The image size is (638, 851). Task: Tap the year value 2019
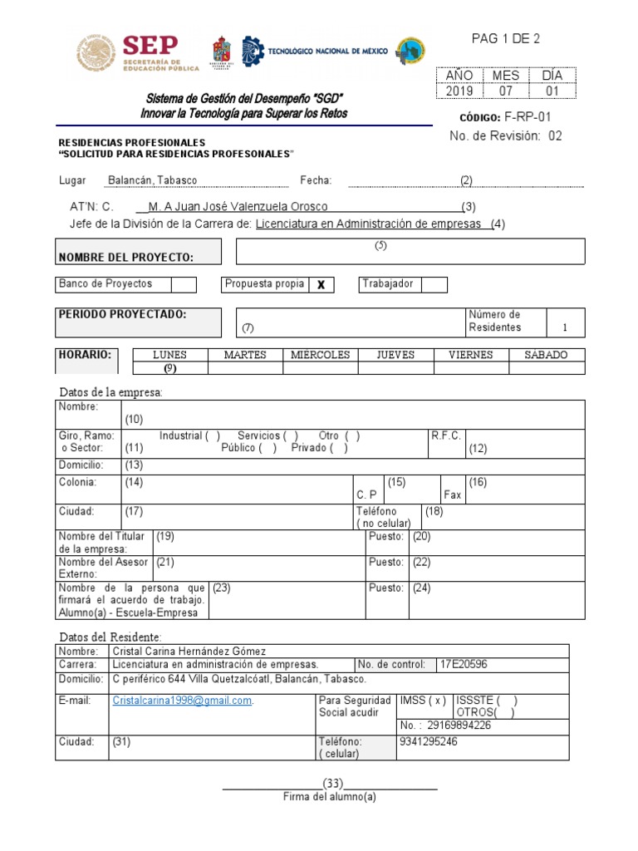459,91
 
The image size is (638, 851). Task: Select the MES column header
505,76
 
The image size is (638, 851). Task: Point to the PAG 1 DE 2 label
505,39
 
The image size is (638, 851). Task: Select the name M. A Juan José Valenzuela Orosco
238,206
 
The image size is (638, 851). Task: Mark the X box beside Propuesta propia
321,285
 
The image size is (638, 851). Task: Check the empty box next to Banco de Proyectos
184,285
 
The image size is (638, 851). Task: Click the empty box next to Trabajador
434,285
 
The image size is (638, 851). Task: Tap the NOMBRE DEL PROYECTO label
126,258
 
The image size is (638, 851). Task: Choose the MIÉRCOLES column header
320,355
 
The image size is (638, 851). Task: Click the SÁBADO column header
546,355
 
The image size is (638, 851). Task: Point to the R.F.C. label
446,435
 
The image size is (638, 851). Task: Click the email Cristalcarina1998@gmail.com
182,701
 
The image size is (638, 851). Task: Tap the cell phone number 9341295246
428,741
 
